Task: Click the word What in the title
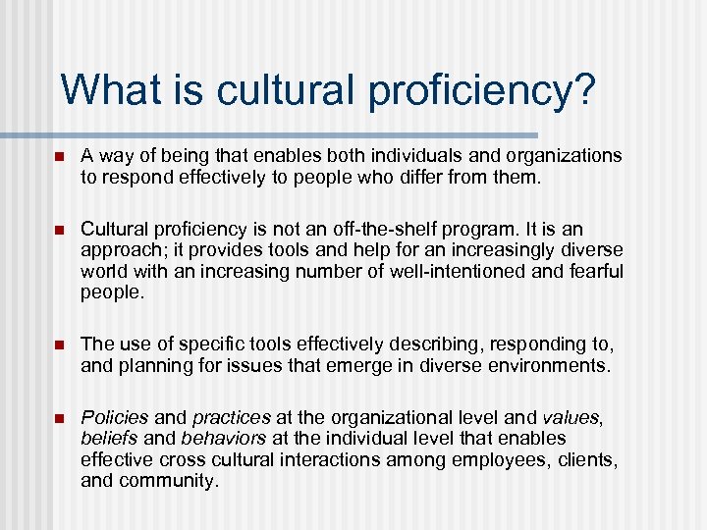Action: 109,90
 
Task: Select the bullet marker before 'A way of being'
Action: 58,155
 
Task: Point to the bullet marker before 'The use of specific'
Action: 58,344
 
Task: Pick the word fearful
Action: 588,270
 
